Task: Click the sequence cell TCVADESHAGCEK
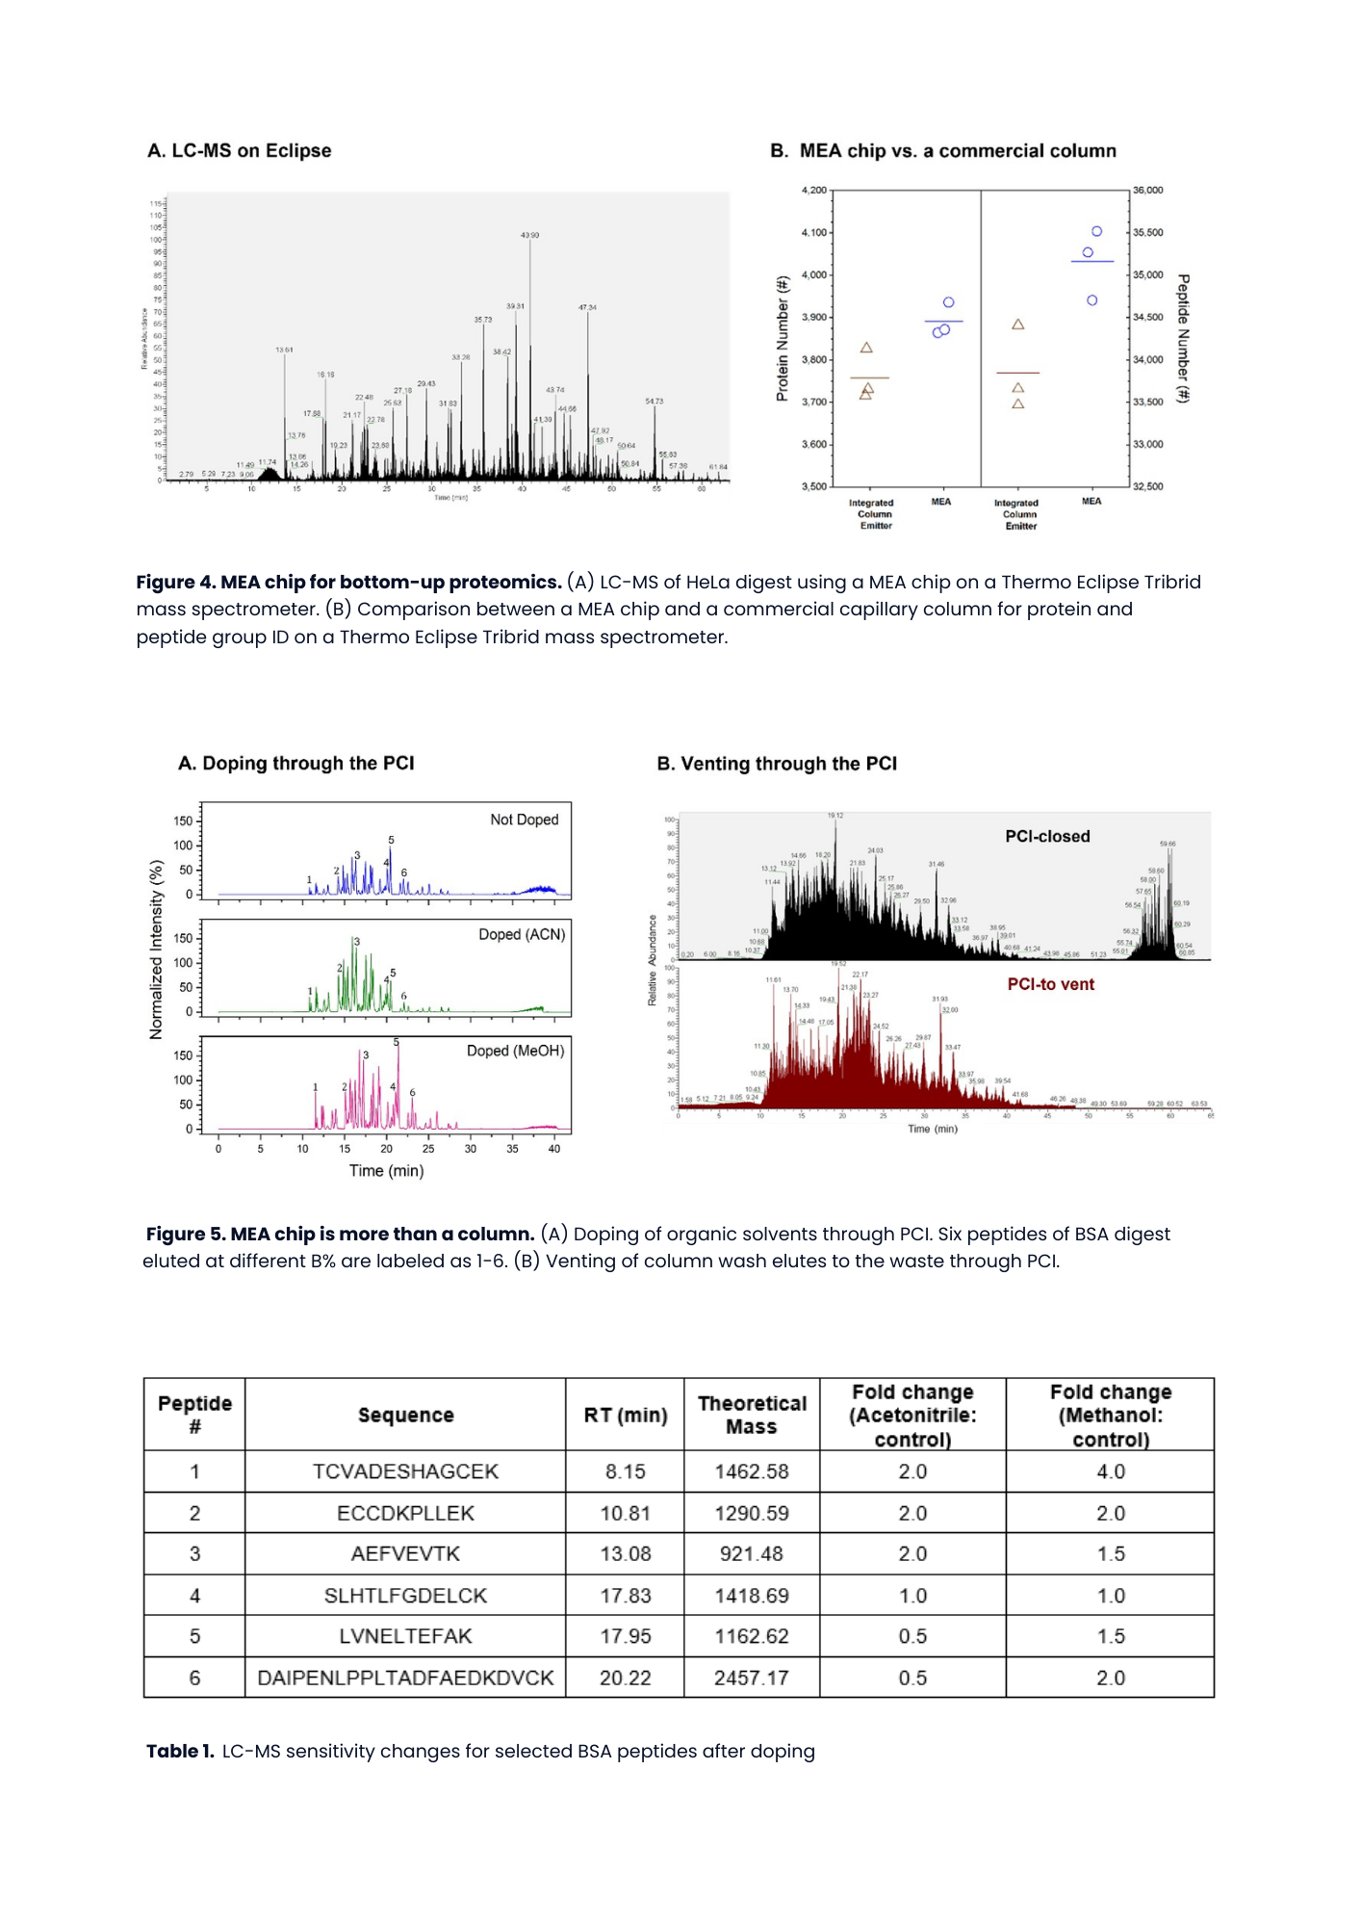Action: point(405,1471)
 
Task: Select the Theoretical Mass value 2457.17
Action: point(751,1678)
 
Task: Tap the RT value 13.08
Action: point(626,1553)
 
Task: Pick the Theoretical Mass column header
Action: point(752,1415)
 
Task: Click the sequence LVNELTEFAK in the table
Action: point(405,1636)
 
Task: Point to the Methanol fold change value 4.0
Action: point(1110,1471)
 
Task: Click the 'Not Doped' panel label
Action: point(524,820)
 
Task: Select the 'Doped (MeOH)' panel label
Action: point(515,1051)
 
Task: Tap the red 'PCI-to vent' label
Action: point(1050,984)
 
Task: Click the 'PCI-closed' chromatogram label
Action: point(1047,837)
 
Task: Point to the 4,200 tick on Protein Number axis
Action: point(813,191)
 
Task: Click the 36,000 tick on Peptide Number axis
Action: point(1147,191)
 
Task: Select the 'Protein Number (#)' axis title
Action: point(783,338)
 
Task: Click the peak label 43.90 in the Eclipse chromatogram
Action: point(529,235)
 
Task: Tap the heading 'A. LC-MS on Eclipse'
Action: point(240,151)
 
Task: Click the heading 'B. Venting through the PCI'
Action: point(777,764)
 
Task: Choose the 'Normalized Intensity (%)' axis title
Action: point(156,964)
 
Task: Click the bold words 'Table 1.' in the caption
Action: point(180,1751)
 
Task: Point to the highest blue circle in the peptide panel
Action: point(1096,231)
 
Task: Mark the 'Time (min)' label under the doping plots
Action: point(386,1171)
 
